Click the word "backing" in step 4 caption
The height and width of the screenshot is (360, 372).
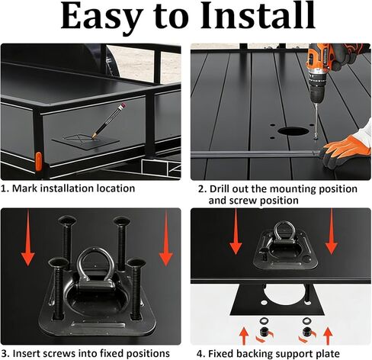tap(262, 353)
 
